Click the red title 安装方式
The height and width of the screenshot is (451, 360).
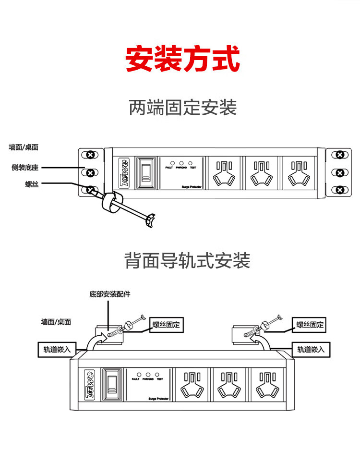coord(182,59)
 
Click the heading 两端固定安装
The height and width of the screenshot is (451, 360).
coord(182,107)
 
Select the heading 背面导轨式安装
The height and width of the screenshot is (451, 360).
coord(187,261)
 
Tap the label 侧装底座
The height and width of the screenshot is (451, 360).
coord(25,168)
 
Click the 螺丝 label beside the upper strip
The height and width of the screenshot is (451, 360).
coord(32,183)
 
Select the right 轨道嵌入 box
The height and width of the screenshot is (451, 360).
coord(311,349)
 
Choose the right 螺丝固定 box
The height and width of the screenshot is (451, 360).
coord(310,325)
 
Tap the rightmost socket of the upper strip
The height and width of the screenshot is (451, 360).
coord(299,173)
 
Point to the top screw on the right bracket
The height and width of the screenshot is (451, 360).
coord(340,155)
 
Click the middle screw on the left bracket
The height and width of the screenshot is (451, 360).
coord(90,172)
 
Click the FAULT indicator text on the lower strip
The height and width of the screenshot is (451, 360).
coord(135,379)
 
